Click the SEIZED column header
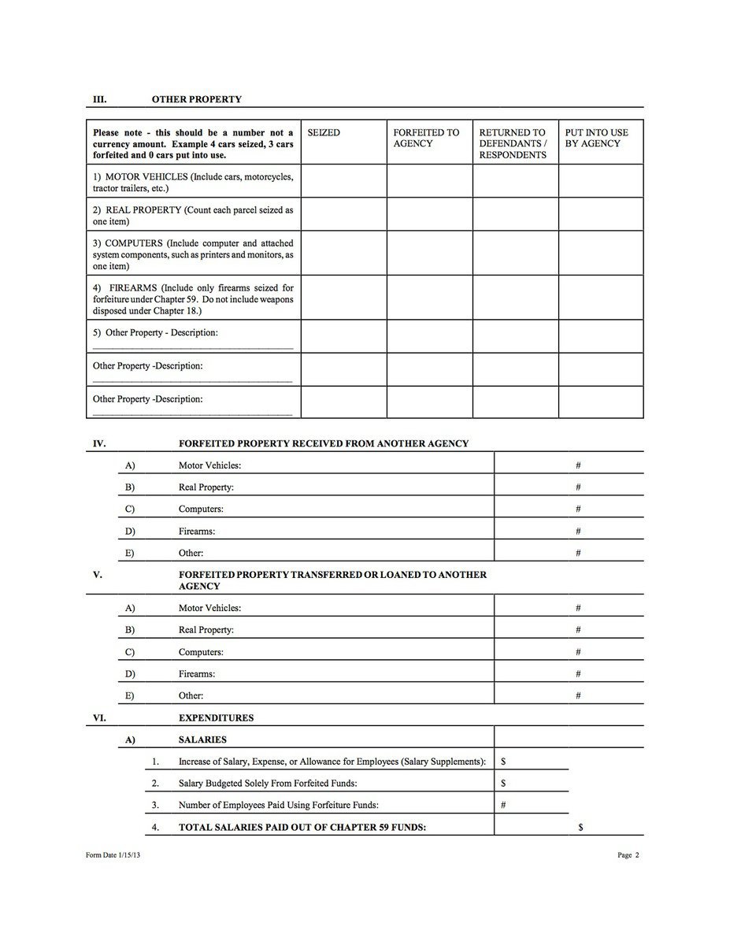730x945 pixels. [x=324, y=133]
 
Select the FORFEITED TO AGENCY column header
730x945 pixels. [x=426, y=138]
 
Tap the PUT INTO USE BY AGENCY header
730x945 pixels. [x=597, y=138]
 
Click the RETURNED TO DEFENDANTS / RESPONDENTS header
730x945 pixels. [x=513, y=143]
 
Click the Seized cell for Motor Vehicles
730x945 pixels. [x=343, y=181]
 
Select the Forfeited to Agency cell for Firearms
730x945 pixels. [x=429, y=298]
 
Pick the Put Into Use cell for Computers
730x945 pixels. [x=601, y=253]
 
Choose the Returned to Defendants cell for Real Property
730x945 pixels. [x=515, y=214]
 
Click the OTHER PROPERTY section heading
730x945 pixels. [x=196, y=99]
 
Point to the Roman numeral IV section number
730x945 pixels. [x=99, y=443]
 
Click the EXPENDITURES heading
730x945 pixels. [x=216, y=717]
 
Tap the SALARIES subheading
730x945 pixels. [x=202, y=739]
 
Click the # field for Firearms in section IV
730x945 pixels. [x=578, y=531]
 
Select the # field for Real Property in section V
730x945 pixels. [x=578, y=630]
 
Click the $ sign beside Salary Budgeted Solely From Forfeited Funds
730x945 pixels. [x=503, y=783]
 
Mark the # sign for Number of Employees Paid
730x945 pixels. [x=503, y=805]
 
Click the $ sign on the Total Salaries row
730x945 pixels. [x=580, y=827]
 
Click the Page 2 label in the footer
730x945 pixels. [x=628, y=856]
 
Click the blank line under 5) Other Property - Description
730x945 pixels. [x=192, y=346]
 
